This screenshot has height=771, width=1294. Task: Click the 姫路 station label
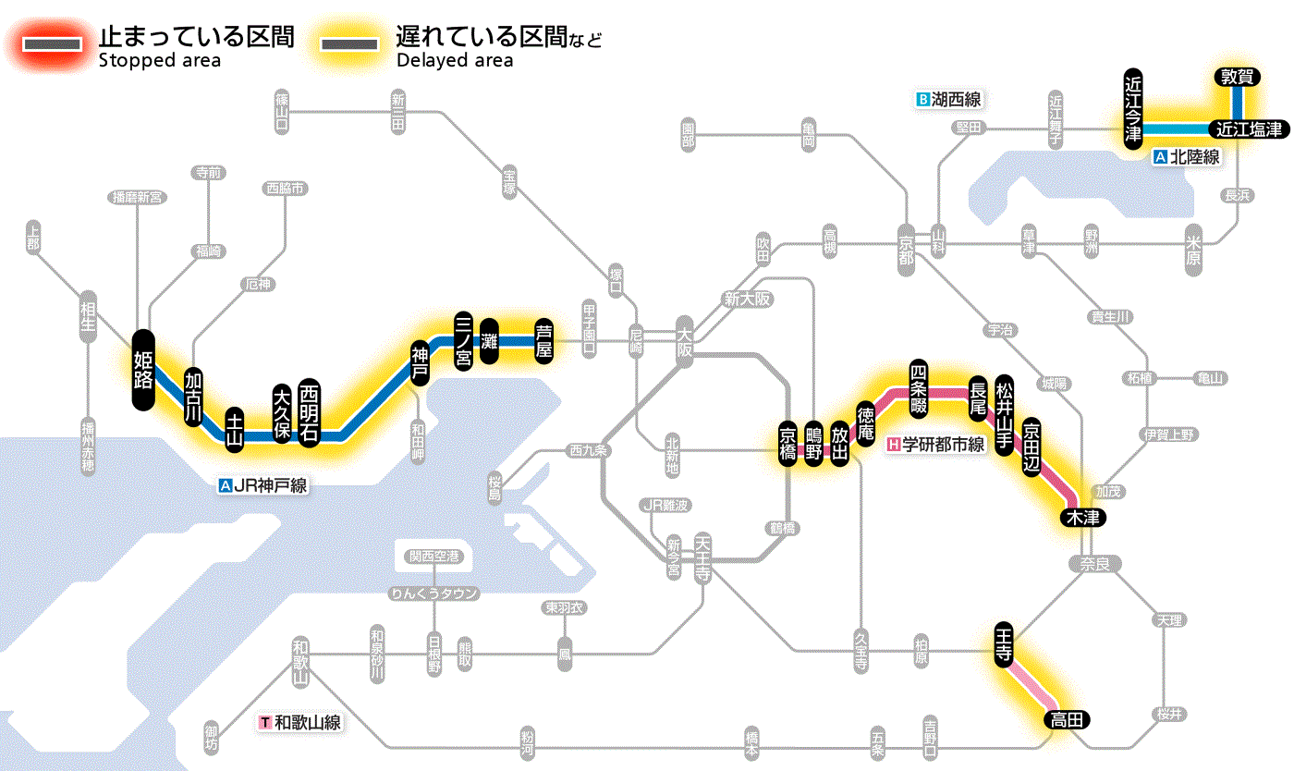142,370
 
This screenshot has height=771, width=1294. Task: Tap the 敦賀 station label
1236,78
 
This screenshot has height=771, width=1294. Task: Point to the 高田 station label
1068,719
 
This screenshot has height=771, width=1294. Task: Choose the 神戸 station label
421,363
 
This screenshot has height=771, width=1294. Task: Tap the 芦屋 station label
543,341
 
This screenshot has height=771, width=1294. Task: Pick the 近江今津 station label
1133,107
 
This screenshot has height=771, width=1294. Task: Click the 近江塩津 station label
1249,129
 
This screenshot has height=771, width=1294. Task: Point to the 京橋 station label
787,445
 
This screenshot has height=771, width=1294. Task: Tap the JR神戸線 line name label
263,485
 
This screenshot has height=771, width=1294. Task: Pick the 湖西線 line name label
948,99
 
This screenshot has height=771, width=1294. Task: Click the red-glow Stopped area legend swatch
55,44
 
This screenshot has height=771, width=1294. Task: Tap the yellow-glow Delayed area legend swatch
349,44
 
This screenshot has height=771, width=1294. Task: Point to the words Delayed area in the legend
454,60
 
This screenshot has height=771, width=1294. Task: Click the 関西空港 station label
433,557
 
